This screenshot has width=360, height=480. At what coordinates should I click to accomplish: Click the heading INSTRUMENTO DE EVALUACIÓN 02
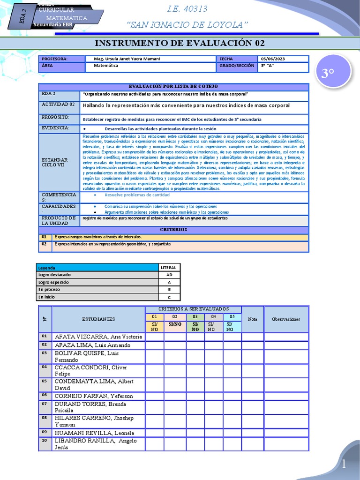coord(180,44)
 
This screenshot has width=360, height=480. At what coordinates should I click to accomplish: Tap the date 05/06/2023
coord(273,59)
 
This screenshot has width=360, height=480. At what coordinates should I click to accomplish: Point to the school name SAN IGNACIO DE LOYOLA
coord(187,24)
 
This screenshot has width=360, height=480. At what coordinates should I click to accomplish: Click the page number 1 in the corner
coord(344,464)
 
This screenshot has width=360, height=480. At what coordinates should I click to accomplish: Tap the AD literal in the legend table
coord(169,275)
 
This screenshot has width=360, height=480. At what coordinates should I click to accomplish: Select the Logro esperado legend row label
coord(53,282)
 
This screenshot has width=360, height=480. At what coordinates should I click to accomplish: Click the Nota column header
coord(253,319)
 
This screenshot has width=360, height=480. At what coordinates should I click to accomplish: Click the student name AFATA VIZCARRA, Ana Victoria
coord(98,337)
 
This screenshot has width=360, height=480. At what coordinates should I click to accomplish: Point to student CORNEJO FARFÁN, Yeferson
coord(94,396)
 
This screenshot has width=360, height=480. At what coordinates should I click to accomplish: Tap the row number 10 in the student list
coord(45,441)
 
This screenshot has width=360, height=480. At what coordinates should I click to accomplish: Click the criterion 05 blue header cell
coord(232,317)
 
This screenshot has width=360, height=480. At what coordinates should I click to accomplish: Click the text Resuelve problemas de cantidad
coord(131,195)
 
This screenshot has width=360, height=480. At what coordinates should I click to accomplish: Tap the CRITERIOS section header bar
coord(173,230)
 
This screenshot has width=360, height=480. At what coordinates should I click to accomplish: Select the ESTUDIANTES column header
coord(98,319)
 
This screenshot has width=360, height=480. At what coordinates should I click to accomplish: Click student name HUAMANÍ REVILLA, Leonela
coord(94,433)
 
